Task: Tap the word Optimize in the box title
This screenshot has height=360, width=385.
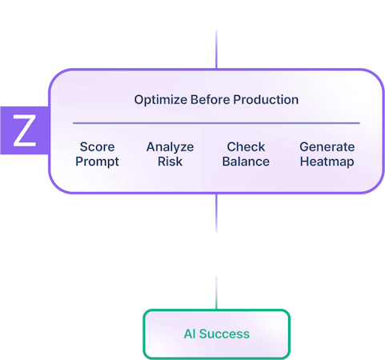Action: point(159,100)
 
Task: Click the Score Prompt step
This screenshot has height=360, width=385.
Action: point(98,154)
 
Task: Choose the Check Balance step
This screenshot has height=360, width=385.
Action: point(246,154)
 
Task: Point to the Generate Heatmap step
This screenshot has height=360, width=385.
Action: point(327,154)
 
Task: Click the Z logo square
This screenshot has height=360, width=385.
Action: point(24,130)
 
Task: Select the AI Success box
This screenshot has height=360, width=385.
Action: point(216,334)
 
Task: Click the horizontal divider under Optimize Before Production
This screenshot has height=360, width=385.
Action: point(216,123)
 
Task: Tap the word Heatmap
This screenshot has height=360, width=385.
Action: point(327,161)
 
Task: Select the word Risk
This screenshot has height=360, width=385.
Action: point(170,161)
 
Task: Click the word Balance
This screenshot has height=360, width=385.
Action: point(246,161)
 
